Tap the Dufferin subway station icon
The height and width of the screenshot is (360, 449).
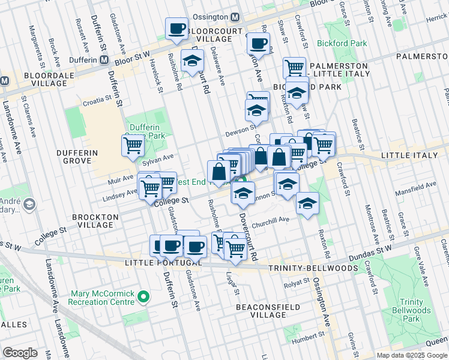104,60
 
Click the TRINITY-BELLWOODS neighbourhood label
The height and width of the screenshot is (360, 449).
313,268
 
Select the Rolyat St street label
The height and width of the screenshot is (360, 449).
295,286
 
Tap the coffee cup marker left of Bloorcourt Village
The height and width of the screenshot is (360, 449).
177,29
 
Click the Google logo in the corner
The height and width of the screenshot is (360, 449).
20,353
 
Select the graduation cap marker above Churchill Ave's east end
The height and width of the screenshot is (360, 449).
307,203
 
